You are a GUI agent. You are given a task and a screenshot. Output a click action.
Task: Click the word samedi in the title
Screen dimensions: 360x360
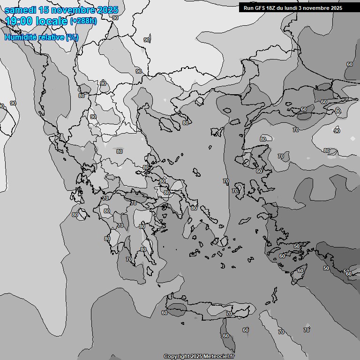coord(21,10)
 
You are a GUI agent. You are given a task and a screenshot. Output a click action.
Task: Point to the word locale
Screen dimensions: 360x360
coord(52,21)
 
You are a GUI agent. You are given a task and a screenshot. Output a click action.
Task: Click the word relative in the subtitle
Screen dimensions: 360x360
coord(51,37)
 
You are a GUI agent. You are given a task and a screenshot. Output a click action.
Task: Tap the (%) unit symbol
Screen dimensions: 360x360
coord(72,37)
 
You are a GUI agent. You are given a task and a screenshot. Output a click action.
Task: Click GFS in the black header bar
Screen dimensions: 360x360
coord(262,8)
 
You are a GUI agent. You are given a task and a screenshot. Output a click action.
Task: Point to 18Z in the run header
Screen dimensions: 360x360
coord(275,8)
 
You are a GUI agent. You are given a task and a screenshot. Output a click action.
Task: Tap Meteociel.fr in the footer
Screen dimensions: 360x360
coord(219,357)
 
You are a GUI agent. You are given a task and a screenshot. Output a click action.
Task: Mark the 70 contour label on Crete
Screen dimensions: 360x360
coord(229,314)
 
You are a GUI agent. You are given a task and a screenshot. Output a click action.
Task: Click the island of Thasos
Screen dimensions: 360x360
coord(199,101)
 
